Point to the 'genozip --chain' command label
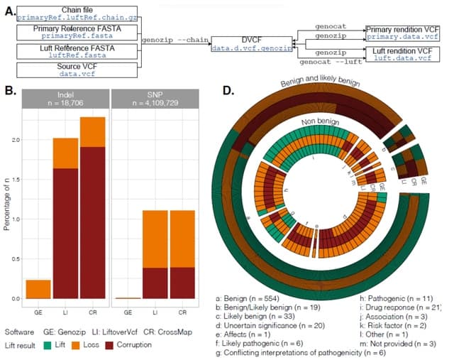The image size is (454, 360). click(173, 42)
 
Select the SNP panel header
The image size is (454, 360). click(157, 98)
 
